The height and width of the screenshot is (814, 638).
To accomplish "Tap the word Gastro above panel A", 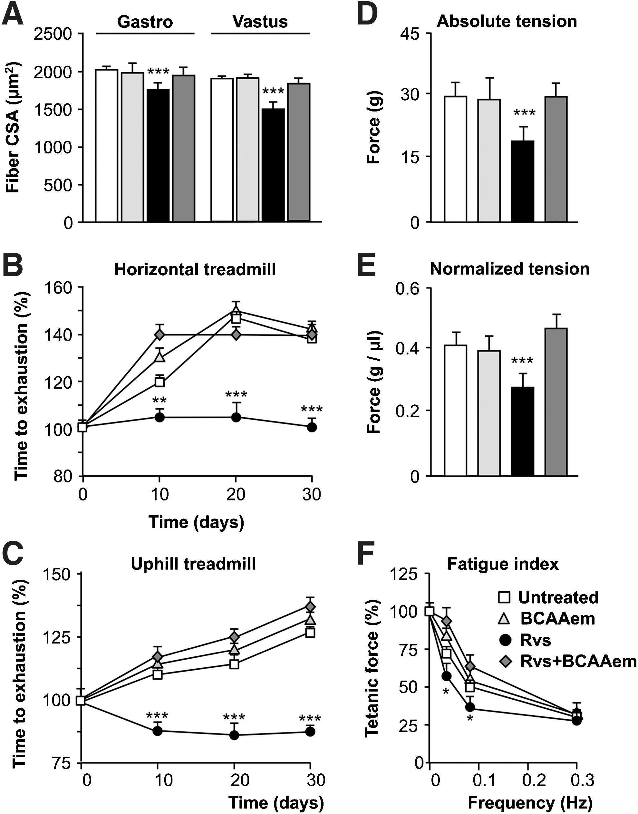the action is (x=145, y=22).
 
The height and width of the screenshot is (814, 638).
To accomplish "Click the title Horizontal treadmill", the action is (x=195, y=269).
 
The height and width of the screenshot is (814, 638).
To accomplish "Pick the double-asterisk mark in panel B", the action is (x=159, y=401).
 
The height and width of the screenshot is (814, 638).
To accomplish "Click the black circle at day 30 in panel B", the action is (x=312, y=427).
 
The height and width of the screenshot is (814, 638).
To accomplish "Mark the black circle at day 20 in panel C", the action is (x=234, y=735).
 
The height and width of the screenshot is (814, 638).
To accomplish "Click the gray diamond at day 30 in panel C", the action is (x=310, y=606).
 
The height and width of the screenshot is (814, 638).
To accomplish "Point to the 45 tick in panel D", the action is (x=410, y=34).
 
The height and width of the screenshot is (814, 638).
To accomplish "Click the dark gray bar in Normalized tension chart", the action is (x=556, y=402).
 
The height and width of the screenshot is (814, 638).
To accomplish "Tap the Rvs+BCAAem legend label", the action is (x=578, y=661).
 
